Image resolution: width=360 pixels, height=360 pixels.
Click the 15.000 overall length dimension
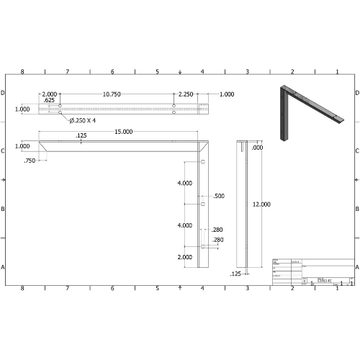point(123,132)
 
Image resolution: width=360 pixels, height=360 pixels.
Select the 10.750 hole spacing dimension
point(112,94)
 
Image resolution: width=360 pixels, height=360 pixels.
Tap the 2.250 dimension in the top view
point(186,94)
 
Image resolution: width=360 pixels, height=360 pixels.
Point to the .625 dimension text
point(49,101)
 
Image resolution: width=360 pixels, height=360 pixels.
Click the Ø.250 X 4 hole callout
point(83,120)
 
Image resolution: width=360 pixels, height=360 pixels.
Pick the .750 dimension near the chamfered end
point(30,161)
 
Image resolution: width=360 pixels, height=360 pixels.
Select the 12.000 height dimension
point(261,204)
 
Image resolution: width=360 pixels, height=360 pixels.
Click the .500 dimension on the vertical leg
point(219,196)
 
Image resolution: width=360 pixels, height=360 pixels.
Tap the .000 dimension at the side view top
point(258,148)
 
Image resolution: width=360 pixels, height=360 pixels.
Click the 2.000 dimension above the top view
point(50,94)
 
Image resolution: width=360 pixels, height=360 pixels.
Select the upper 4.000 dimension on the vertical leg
point(184,184)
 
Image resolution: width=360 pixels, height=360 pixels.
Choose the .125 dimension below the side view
point(235,274)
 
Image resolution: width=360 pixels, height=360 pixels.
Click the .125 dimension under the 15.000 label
point(81,136)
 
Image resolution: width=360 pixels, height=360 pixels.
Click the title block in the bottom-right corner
point(312,271)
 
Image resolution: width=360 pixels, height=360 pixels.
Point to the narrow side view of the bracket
point(243,205)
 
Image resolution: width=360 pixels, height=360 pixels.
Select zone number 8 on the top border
point(22,72)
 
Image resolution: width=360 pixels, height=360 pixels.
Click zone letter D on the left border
point(4,93)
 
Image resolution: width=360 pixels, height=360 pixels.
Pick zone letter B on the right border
point(356,209)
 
